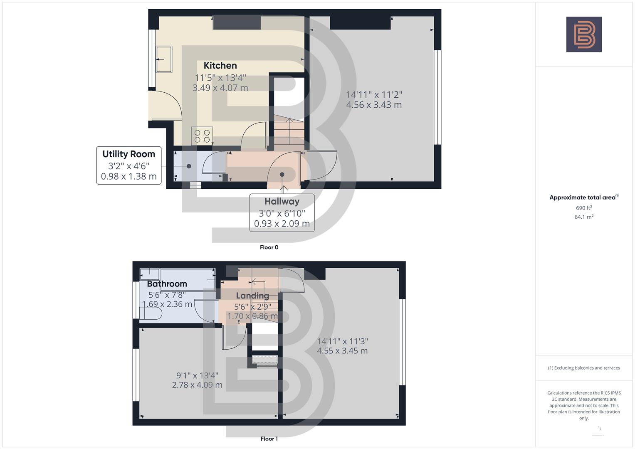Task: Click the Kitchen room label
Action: (x=220, y=66)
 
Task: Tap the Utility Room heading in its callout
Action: (x=128, y=154)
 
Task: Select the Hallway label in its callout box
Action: (x=282, y=202)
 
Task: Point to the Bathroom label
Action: (x=167, y=284)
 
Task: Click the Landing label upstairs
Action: (x=252, y=296)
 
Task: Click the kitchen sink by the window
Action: (x=164, y=59)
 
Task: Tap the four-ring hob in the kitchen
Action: (x=202, y=136)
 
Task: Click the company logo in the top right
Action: (x=584, y=35)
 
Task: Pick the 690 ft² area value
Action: (x=584, y=208)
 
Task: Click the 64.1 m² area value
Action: (x=584, y=217)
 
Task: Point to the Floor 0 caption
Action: (x=269, y=247)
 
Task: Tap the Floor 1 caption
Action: (x=269, y=439)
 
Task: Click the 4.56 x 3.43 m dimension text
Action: (x=374, y=105)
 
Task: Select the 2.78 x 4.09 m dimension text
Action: (x=197, y=385)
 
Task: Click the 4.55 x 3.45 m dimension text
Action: (x=342, y=351)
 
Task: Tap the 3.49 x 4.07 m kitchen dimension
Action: (x=220, y=88)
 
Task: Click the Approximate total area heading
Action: (x=583, y=197)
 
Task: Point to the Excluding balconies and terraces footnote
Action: (x=584, y=368)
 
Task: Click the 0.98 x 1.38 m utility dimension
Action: (x=128, y=177)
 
